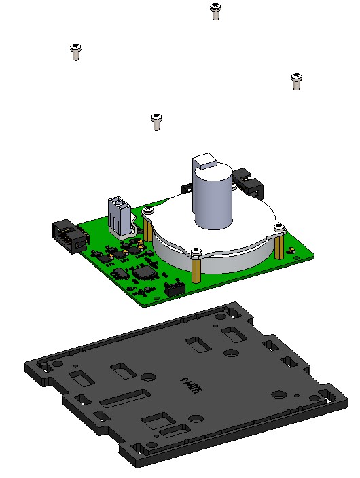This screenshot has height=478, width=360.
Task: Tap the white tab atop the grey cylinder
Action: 204,162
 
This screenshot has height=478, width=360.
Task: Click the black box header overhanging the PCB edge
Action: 69,236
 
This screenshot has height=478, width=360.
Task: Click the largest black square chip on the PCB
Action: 144,272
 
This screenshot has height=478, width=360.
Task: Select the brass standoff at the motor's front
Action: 196,270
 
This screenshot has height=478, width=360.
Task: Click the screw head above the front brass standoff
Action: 196,252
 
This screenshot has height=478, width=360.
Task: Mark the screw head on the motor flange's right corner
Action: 278,227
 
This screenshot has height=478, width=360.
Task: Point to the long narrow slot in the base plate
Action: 124,399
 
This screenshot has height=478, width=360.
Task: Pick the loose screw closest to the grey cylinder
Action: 157,120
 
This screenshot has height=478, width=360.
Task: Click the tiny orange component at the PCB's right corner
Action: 291,252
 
